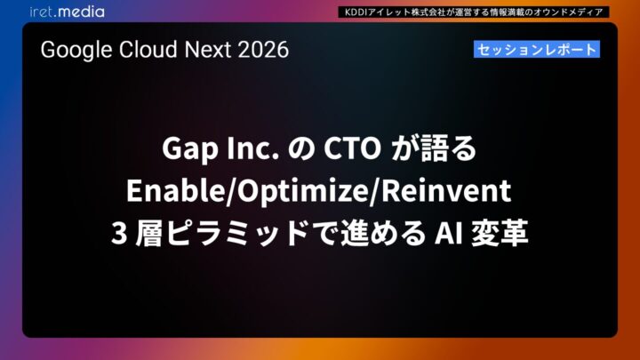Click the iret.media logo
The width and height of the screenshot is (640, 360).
(66, 12)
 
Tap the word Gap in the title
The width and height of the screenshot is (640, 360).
(187, 151)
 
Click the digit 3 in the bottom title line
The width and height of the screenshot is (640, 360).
(117, 233)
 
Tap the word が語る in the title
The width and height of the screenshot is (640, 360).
(436, 151)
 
